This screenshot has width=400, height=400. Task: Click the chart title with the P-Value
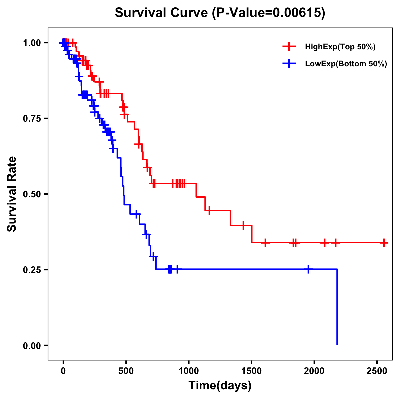tap(220, 13)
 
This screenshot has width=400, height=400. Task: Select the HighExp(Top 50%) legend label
tap(340, 47)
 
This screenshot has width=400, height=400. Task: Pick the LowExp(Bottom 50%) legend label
tap(346, 64)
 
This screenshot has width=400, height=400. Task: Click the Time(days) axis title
tap(220, 386)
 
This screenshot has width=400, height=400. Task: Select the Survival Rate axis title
tap(12, 194)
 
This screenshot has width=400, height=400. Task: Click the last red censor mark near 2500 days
tap(384, 243)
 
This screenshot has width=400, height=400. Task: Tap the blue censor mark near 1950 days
tap(308, 269)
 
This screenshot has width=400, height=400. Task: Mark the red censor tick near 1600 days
tap(265, 243)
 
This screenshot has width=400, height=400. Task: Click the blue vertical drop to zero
tap(337, 307)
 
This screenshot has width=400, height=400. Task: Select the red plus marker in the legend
tap(289, 47)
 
